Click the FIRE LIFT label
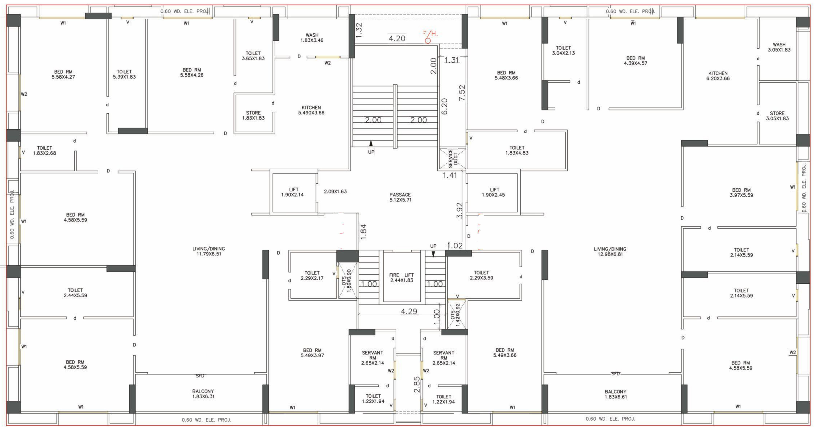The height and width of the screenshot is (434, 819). pos(402,277)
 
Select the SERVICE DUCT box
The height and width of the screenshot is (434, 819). pos(452,158)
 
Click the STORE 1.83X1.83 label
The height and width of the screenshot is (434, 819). pos(253,115)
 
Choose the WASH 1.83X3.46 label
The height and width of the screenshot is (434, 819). pos(312,38)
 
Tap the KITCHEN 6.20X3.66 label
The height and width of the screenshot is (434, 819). pos(718,76)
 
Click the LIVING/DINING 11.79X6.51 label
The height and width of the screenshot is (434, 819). pos(209,251)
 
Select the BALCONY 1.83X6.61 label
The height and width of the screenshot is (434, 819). pos(616,394)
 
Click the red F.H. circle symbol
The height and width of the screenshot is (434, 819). pos(428,41)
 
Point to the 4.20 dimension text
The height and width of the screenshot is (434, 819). pos(397,38)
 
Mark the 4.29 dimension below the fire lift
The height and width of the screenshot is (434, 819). pos(409,311)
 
